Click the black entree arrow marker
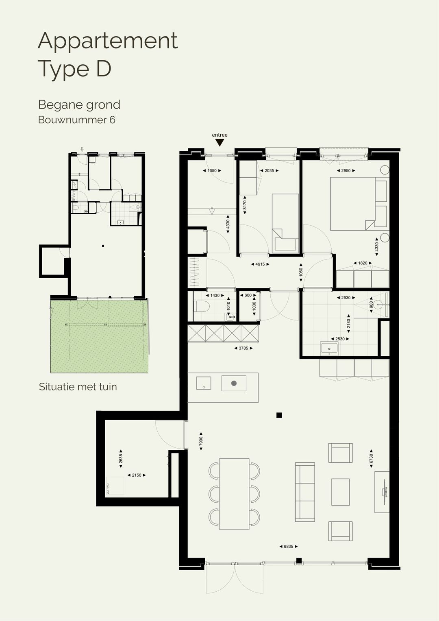[x=219, y=142]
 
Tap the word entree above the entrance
[x=219, y=135]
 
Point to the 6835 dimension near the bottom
[x=288, y=547]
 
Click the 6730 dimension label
[x=371, y=458]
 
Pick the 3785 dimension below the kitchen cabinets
[x=243, y=348]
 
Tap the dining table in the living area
[x=234, y=494]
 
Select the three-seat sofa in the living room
[x=305, y=492]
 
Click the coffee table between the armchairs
[x=340, y=492]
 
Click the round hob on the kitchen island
[x=234, y=383]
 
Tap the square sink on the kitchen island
[x=204, y=383]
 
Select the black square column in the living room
[x=279, y=415]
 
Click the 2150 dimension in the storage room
[x=137, y=475]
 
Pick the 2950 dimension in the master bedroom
[x=346, y=171]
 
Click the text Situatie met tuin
[x=78, y=386]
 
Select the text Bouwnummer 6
[x=76, y=120]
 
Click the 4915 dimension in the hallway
[x=260, y=264]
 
